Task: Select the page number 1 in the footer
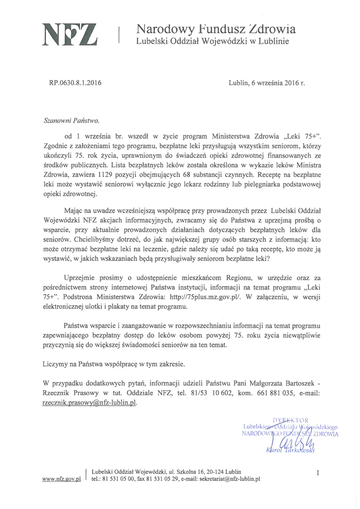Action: tap(318, 473)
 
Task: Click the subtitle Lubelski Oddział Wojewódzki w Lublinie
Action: tap(213, 42)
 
